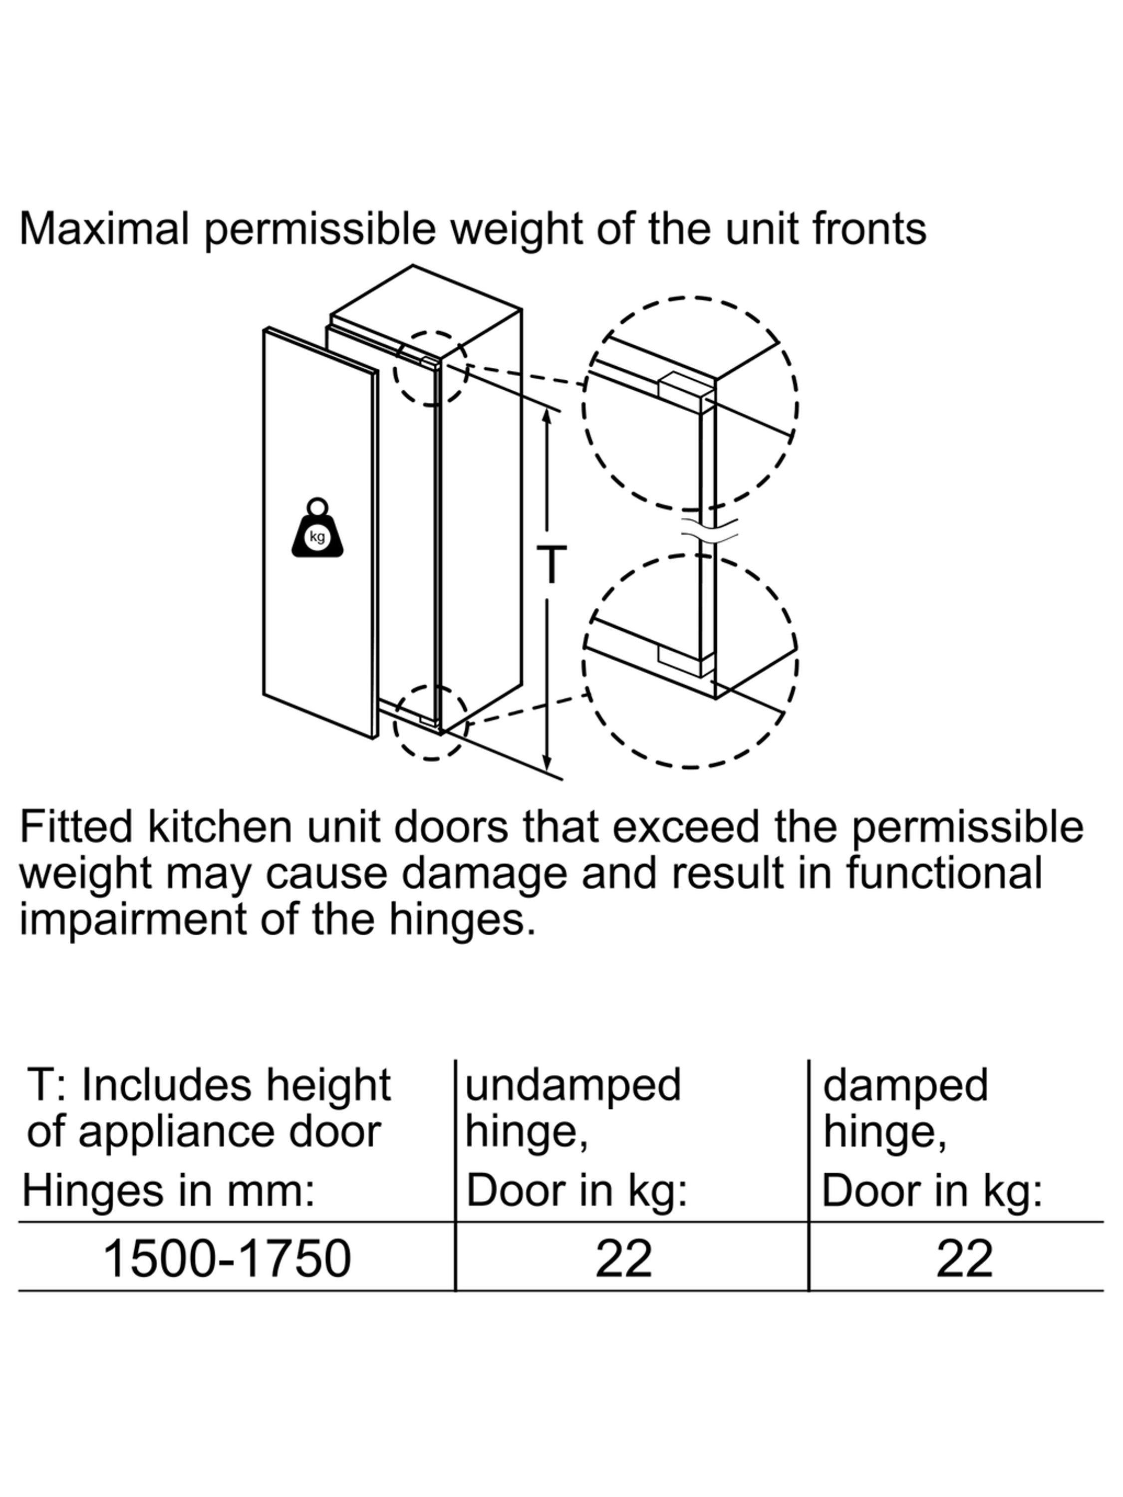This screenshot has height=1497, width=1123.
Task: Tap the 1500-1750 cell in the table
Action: [x=227, y=1259]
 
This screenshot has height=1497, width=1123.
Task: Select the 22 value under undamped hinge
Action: [x=623, y=1259]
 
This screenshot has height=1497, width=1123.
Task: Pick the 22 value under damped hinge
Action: [x=964, y=1259]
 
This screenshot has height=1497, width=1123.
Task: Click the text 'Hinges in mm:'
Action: [x=169, y=1191]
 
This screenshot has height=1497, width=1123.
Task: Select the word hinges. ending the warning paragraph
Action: [x=462, y=920]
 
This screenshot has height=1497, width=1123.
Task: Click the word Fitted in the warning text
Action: [x=76, y=826]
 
